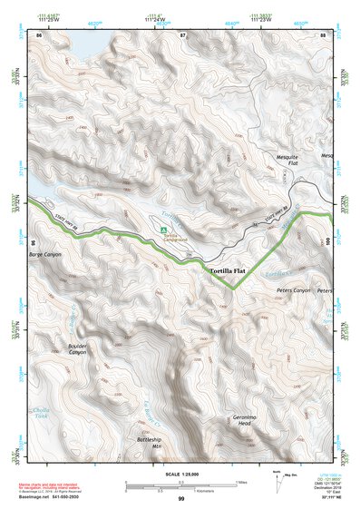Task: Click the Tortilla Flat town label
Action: (x=228, y=271)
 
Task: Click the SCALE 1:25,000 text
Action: (x=180, y=474)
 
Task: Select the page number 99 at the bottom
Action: (x=181, y=500)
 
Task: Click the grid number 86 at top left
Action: (x=38, y=34)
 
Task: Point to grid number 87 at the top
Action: (x=181, y=34)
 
